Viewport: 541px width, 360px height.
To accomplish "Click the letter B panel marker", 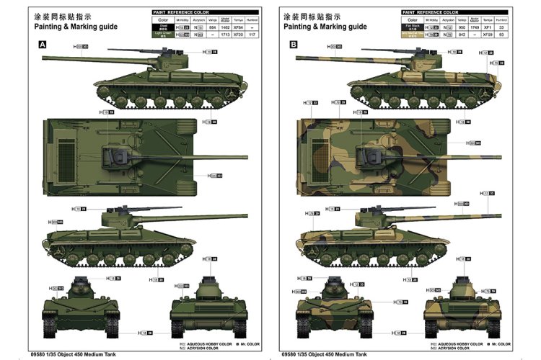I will [294, 45].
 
